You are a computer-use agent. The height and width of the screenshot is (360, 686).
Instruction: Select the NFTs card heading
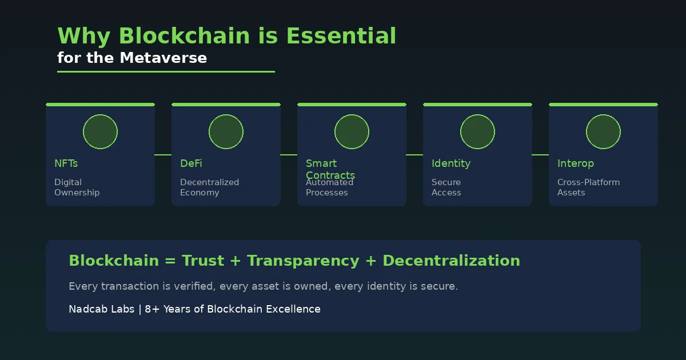(66, 163)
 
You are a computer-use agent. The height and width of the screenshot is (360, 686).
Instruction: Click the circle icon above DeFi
(226, 132)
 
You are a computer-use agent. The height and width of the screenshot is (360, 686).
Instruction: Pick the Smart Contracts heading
(330, 169)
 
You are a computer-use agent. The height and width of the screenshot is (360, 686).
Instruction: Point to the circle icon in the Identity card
(477, 132)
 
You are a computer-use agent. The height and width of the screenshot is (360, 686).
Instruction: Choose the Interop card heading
(575, 163)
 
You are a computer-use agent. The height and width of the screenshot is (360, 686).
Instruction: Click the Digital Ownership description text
(77, 187)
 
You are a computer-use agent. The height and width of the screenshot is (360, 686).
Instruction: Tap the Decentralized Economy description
(209, 187)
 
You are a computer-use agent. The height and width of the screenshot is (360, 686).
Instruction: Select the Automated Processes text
(329, 188)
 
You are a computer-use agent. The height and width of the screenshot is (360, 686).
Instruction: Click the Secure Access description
(446, 187)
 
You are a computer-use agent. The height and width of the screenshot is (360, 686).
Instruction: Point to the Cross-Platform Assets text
(588, 187)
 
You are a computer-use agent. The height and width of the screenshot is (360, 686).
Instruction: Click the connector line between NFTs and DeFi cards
(163, 155)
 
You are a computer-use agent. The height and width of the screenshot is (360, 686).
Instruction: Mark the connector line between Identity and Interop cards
(540, 155)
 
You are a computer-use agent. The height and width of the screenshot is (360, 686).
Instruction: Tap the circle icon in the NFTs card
(100, 132)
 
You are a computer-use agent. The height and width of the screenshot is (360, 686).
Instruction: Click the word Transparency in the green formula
(303, 261)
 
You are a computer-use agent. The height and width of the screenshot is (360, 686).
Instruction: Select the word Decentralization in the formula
(451, 261)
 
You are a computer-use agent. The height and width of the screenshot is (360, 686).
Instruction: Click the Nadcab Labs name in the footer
(101, 309)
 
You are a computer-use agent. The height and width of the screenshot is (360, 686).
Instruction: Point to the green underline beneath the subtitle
(166, 72)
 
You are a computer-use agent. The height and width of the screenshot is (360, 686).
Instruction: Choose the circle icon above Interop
(603, 132)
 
